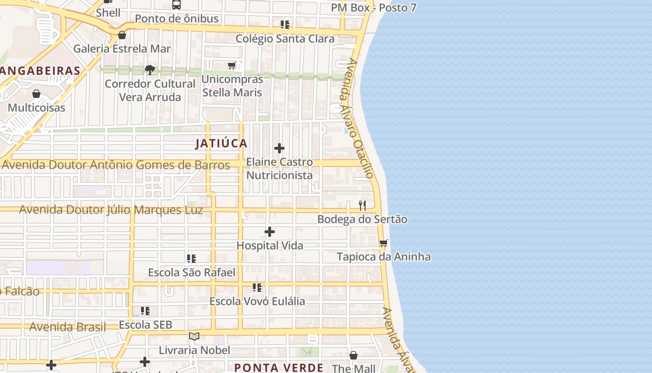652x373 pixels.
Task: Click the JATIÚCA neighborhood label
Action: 221,144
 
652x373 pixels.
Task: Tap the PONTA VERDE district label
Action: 278,367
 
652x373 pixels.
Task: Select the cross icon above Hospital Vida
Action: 269,232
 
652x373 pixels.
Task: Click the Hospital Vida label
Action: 270,246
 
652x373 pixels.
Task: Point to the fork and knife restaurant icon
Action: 362,205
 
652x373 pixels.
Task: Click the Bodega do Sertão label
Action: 362,219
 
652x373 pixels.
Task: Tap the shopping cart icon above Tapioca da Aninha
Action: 383,243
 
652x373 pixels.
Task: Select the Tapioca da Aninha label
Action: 383,257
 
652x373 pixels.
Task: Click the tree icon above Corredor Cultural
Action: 149,70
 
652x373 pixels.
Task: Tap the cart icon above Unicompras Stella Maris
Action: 232,66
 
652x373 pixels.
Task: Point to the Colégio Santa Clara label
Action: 285,39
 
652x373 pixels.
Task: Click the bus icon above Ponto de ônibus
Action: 176,5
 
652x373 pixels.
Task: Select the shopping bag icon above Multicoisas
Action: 36,94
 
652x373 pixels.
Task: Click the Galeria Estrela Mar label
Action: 122,48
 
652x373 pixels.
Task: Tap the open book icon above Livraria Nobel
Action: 194,336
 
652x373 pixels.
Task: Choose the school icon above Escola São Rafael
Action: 191,258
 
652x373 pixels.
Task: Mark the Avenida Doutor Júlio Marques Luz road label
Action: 111,210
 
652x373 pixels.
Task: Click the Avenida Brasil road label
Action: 68,327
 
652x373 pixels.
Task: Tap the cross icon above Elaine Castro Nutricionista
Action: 279,148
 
